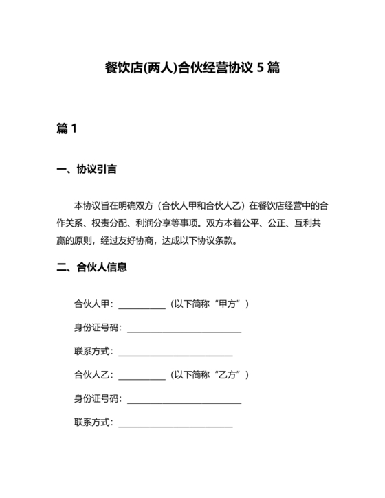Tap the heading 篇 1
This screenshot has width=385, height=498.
coord(67,128)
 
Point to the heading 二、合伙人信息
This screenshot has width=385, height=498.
coord(91,267)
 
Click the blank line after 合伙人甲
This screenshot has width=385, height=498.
coord(142,306)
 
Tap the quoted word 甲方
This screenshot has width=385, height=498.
coord(228,304)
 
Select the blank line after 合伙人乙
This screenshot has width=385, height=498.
coord(142,377)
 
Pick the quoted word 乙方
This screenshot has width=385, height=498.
coord(228,375)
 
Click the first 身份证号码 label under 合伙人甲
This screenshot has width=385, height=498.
coord(98,328)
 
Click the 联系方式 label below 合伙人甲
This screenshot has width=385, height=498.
coord(93,352)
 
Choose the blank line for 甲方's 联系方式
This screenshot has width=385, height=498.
coord(175,354)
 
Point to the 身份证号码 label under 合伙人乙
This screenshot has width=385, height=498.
coord(98,399)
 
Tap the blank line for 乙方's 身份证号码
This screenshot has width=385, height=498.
coord(184,401)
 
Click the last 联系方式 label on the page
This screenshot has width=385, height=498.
coord(93,423)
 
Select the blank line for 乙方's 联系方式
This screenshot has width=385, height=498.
coord(175,425)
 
